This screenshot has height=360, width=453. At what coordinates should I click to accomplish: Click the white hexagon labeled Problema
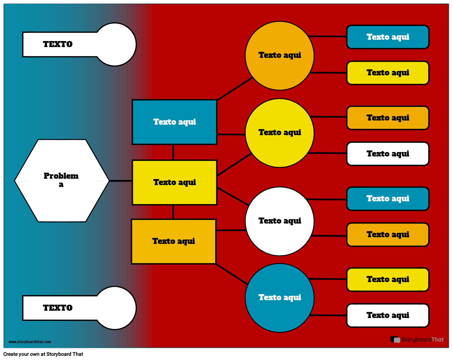(62, 180)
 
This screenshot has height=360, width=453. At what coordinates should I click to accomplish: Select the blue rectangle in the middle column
(174, 122)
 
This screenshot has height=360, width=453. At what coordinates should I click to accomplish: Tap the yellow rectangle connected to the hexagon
(174, 183)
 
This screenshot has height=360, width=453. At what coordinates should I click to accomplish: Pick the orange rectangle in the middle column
(174, 241)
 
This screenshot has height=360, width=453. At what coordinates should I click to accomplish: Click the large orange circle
(279, 56)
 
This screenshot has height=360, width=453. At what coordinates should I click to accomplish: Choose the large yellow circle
(279, 133)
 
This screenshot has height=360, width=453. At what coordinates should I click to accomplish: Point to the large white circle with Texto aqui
(279, 221)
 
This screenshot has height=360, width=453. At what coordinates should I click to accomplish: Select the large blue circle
(279, 298)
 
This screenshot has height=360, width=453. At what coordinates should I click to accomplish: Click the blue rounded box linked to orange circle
(388, 37)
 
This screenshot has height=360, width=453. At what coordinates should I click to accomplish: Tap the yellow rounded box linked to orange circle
(388, 73)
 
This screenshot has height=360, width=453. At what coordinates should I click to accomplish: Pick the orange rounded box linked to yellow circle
(388, 118)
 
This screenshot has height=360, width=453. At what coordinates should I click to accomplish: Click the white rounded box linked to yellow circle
(388, 154)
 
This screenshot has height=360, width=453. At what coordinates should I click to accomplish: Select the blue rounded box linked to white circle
(388, 199)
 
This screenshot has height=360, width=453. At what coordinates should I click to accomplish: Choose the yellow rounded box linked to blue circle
(388, 280)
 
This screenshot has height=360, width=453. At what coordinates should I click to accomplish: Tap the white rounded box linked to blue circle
(388, 315)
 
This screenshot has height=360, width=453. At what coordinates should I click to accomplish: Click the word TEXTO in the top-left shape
(58, 44)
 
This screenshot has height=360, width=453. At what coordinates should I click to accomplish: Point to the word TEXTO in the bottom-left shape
(58, 308)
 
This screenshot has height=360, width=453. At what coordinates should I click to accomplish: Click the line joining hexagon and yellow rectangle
(120, 181)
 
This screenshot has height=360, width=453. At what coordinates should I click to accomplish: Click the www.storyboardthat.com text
(30, 342)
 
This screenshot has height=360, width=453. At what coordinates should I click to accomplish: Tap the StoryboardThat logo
(417, 340)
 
